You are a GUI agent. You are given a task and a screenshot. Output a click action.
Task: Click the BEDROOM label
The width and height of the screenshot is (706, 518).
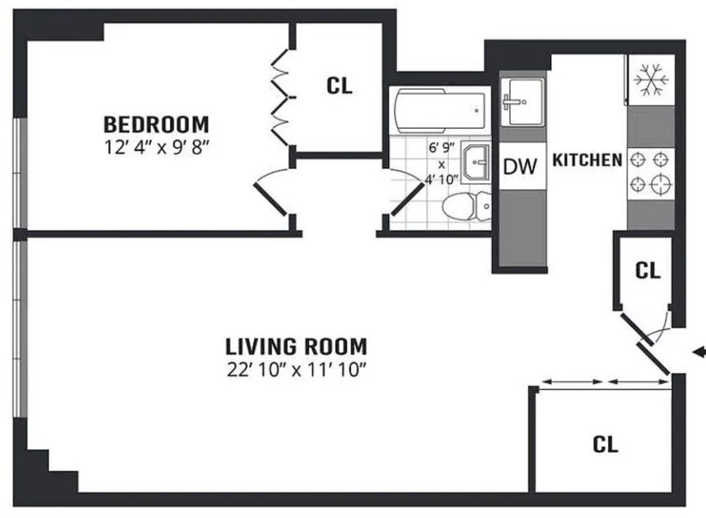pos(157,125)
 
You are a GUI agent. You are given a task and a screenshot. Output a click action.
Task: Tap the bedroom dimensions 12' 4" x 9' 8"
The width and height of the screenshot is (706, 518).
pos(157,148)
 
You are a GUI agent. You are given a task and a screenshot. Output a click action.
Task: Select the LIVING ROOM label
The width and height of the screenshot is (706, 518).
pos(296,347)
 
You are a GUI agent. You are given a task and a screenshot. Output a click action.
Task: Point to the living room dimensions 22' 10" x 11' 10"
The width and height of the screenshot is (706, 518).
pos(296,370)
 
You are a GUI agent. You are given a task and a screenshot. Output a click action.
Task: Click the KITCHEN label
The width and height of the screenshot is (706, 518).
pos(587,160)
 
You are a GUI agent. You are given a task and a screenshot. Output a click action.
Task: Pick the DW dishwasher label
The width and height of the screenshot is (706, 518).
pos(520,167)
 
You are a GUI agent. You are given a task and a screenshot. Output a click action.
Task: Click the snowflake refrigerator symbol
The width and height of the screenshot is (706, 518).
pos(651,80)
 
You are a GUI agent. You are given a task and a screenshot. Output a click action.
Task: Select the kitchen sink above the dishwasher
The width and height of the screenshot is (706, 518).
pos(523,102)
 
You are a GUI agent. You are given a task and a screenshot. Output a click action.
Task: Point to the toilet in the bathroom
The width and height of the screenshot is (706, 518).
pos(467,206)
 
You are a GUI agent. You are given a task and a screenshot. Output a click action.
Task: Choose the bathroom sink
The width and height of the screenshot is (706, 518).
pos(476,161)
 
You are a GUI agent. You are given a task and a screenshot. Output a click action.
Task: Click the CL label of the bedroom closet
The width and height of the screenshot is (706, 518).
pos(339,86)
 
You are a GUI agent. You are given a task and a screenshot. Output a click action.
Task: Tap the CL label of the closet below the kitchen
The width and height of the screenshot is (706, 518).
pos(647,270)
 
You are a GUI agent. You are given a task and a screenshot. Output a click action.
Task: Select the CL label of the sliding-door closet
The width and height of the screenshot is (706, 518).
pos(605,445)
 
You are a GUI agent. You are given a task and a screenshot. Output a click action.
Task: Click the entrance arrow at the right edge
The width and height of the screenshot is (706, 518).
pos(699,352)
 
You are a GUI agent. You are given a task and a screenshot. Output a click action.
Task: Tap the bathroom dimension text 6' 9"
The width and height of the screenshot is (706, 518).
pos(441,148)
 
